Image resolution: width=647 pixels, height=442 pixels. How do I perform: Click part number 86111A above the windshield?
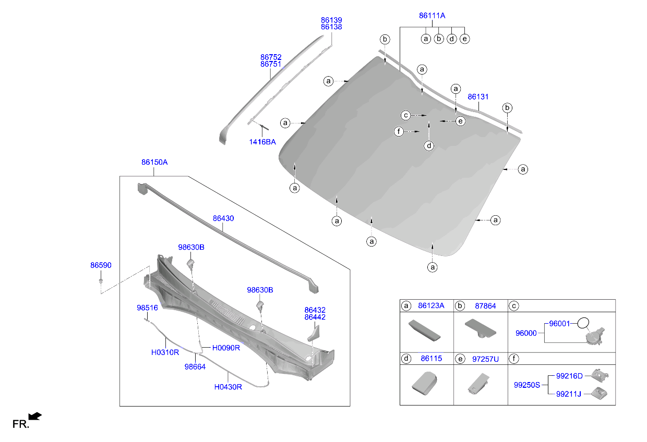pos(432,16)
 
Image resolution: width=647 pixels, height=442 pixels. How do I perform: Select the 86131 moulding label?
pos(478,97)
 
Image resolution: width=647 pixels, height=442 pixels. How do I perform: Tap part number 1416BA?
pos(263,142)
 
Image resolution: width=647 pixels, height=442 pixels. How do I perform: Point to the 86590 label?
pos(101,265)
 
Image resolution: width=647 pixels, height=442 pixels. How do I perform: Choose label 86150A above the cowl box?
pos(154,162)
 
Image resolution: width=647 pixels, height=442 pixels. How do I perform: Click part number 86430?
pos(223,218)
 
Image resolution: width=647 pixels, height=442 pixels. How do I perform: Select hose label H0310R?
pos(165,352)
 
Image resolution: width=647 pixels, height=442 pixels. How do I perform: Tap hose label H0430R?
pos(228,387)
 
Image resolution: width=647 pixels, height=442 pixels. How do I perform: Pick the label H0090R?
pos(226,348)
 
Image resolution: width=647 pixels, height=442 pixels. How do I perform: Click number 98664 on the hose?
pos(195,366)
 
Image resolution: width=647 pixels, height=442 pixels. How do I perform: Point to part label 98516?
pos(147,308)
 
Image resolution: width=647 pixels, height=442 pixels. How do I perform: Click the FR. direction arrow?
pos(35,416)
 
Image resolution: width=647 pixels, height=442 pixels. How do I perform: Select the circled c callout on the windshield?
pos(405,115)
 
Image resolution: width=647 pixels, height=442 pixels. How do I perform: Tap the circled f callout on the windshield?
pos(399,132)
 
